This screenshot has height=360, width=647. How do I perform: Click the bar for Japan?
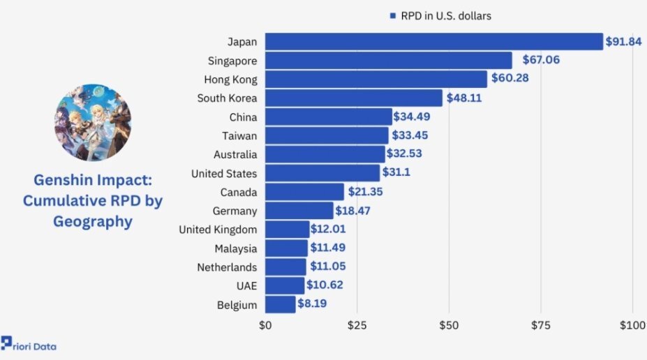pos(434,42)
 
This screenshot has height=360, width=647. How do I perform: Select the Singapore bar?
pos(389,61)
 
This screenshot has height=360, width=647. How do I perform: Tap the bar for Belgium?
pos(281,304)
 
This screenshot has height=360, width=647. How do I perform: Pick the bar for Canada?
pos(304,192)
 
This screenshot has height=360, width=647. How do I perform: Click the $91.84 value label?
pos(623,42)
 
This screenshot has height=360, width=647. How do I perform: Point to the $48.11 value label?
pos(464,98)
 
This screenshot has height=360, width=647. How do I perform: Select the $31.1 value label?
pos(396,172)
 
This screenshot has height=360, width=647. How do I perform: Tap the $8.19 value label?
pos(312,303)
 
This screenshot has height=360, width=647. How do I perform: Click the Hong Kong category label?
pos(230,80)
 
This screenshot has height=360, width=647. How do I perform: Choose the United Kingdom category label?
pos(218,230)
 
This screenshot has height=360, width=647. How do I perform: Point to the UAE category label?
pos(247,286)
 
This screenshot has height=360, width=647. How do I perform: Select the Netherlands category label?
pos(227,267)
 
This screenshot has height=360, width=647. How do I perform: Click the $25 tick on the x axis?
pos(357,325)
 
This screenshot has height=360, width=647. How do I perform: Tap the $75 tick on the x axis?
pos(540,325)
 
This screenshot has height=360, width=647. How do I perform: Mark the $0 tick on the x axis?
pos(265,325)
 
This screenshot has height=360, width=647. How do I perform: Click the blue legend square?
pos(393,15)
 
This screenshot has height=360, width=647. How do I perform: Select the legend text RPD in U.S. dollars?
pos(446,16)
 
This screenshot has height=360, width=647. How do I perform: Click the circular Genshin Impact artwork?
pos(93,123)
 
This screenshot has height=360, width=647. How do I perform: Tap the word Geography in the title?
pos(93,222)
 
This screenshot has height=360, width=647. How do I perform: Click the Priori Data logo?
pos(29,344)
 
